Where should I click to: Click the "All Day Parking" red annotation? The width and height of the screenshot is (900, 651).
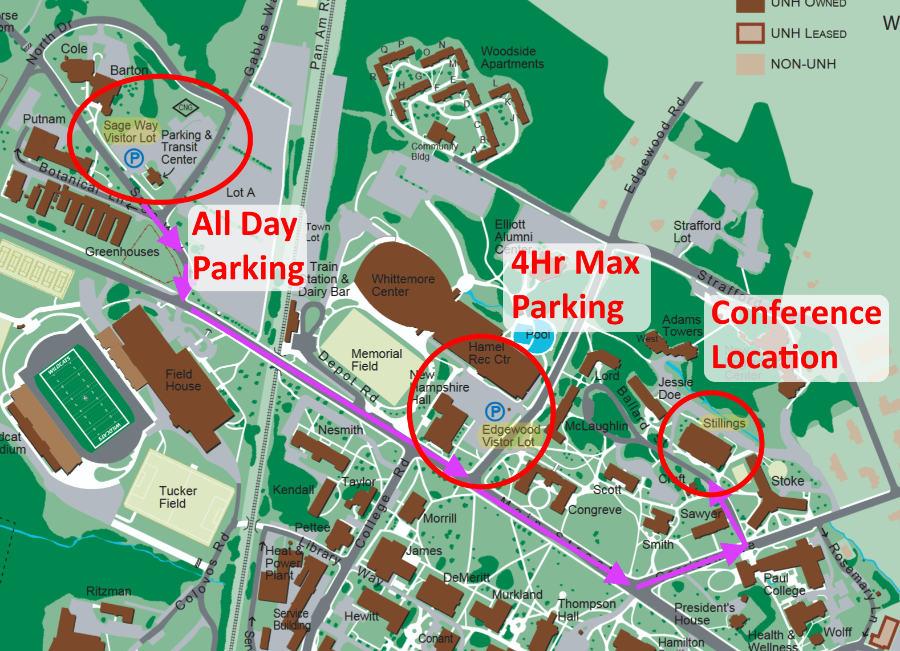(x=249, y=246)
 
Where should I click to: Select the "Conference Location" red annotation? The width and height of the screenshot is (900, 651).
(x=796, y=336)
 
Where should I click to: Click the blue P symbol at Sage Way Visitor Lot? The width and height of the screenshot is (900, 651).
(x=134, y=158)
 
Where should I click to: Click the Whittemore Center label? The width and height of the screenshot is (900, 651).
(x=403, y=286)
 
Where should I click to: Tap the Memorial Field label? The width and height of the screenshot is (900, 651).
(x=376, y=360)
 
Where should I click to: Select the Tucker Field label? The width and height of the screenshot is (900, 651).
(x=177, y=497)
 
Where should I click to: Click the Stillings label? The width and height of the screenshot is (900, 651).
(x=724, y=423)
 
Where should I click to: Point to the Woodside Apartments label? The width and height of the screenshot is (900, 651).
(x=512, y=58)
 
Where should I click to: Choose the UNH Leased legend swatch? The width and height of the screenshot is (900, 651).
(x=750, y=34)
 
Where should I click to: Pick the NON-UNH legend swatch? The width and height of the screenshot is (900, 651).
(x=750, y=64)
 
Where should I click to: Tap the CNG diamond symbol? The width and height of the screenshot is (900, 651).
(x=186, y=107)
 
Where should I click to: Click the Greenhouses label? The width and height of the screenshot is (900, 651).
(x=122, y=251)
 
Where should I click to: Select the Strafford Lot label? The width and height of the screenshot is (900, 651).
(x=696, y=231)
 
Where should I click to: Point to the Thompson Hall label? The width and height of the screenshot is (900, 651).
(x=586, y=609)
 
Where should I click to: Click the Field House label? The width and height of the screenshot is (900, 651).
(x=183, y=380)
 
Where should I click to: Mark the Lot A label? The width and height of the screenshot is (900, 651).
(x=240, y=193)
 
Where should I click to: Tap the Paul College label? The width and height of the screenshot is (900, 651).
(x=784, y=584)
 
